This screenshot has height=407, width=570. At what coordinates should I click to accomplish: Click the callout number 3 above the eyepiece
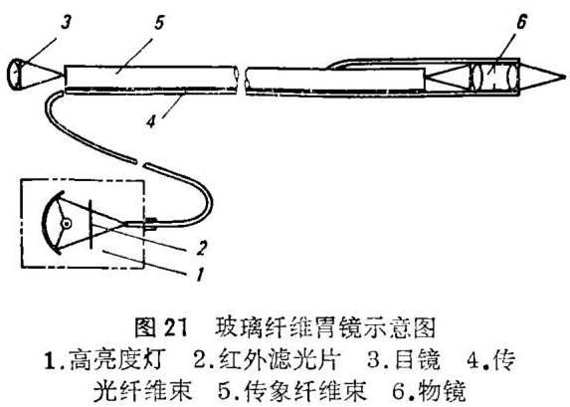pyautogui.click(x=66, y=23)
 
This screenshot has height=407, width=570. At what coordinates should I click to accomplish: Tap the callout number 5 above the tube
pyautogui.click(x=159, y=23)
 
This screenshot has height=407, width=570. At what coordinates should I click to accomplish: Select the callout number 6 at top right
pyautogui.click(x=521, y=22)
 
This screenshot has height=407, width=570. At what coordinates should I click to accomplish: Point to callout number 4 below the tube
pyautogui.click(x=151, y=120)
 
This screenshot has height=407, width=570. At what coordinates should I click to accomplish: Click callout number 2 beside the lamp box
pyautogui.click(x=201, y=248)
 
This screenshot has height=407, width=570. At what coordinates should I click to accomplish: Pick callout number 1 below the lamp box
pyautogui.click(x=200, y=274)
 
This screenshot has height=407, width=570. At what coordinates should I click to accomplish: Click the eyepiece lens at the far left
pyautogui.click(x=14, y=74)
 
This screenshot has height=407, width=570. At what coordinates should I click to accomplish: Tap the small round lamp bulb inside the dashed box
pyautogui.click(x=67, y=224)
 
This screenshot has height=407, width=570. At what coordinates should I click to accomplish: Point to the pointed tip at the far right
pyautogui.click(x=565, y=77)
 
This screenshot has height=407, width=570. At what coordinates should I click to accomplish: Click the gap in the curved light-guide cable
pyautogui.click(x=140, y=162)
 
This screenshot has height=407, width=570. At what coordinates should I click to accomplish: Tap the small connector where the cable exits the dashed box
pyautogui.click(x=151, y=224)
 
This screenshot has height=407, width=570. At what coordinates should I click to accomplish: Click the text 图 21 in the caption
pyautogui.click(x=161, y=327)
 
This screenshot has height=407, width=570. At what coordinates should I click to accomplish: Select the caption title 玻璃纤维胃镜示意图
pyautogui.click(x=324, y=327)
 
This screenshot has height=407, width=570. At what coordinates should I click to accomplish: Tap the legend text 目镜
pyautogui.click(x=417, y=359)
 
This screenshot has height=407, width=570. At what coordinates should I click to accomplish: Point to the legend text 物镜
pyautogui.click(x=442, y=391)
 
